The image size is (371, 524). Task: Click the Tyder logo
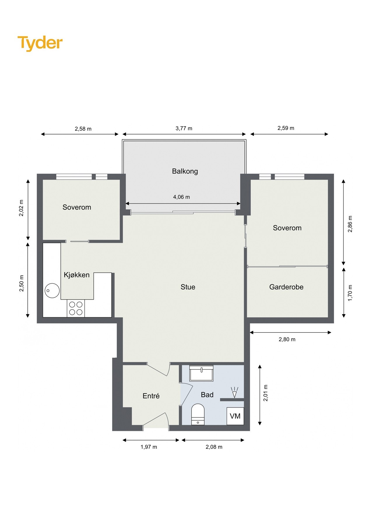tap(40, 43)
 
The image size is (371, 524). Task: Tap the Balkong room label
tap(185, 171)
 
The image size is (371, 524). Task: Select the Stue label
tap(188, 287)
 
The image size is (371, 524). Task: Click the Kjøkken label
tap(77, 275)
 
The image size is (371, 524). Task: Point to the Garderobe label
tap(286, 287)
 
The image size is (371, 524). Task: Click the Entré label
tap(151, 396)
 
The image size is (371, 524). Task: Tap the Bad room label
tap(207, 395)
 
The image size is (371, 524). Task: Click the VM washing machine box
tap(235, 416)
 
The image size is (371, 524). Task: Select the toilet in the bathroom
tap(198, 414)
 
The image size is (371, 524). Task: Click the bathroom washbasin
tap(201, 373)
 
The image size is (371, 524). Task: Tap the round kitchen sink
tap(52, 291)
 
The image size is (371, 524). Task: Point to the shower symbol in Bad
tap(234, 392)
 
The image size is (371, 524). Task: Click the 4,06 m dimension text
tap(181, 197)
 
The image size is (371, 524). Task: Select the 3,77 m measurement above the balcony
tap(184, 128)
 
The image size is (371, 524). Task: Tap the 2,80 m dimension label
tap(287, 339)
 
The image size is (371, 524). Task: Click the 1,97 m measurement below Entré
tap(149, 447)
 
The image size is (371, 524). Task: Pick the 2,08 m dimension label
tap(214, 447)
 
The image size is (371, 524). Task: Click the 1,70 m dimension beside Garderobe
tap(350, 293)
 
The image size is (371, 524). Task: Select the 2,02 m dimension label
tap(21, 208)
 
